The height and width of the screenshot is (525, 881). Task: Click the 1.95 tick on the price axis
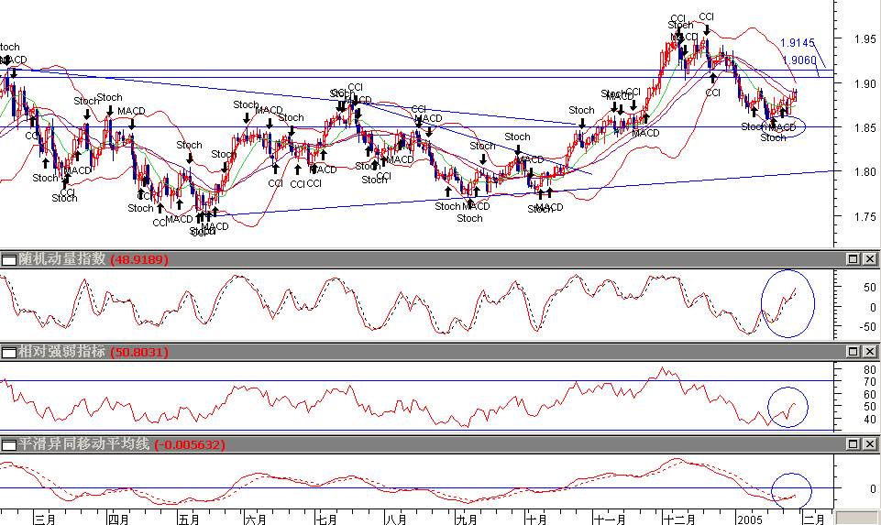pyautogui.click(x=864, y=39)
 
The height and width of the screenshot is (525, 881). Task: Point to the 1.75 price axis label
pyautogui.click(x=864, y=217)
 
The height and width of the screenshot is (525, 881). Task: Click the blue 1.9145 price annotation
pyautogui.click(x=798, y=43)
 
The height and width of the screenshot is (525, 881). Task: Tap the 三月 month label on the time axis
pyautogui.click(x=45, y=519)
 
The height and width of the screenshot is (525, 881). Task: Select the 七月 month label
pyautogui.click(x=325, y=519)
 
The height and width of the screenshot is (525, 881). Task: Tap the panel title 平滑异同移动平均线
pyautogui.click(x=77, y=444)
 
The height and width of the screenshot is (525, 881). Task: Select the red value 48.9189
pyautogui.click(x=138, y=260)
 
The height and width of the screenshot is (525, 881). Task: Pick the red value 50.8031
pyautogui.click(x=138, y=352)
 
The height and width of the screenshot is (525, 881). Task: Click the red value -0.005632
pyautogui.click(x=190, y=444)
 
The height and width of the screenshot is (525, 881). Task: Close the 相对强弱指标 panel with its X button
pyautogui.click(x=868, y=352)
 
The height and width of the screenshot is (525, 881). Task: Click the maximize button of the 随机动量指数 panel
pyautogui.click(x=852, y=260)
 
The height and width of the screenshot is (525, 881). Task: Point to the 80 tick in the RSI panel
pyautogui.click(x=867, y=369)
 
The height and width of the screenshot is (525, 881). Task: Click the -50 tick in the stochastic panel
pyautogui.click(x=865, y=325)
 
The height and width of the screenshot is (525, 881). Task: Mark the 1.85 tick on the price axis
pyautogui.click(x=864, y=128)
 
